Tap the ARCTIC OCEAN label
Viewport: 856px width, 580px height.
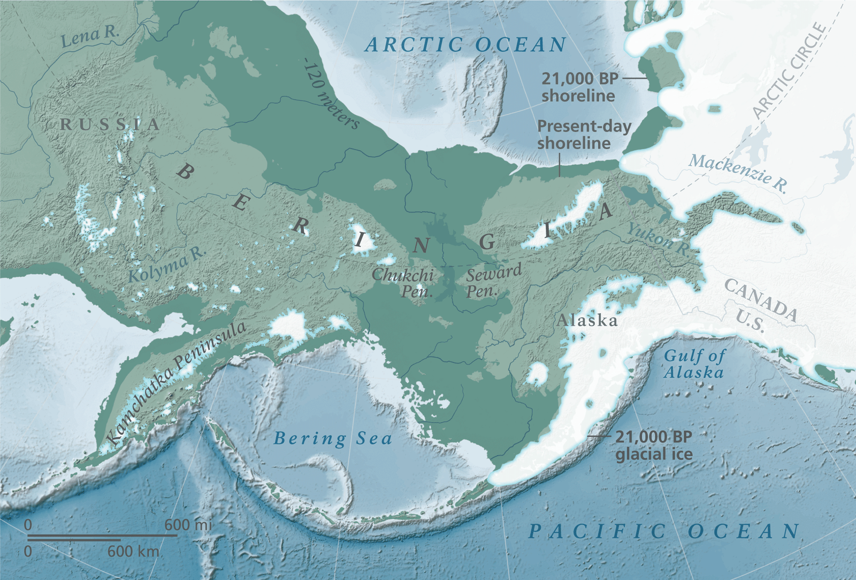pos(465,45)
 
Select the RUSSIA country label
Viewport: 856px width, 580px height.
pos(110,125)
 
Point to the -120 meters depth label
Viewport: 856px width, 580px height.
pos(330,94)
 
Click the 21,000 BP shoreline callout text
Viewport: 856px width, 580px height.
pos(579,87)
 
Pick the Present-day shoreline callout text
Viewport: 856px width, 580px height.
pos(583,135)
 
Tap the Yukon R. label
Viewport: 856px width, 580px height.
pos(658,240)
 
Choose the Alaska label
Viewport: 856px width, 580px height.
pos(587,321)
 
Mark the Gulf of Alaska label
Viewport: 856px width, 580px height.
pos(694,364)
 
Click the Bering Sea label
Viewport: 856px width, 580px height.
pos(333,439)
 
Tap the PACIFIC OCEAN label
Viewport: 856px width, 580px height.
pos(663,531)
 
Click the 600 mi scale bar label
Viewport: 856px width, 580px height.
pos(188,525)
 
